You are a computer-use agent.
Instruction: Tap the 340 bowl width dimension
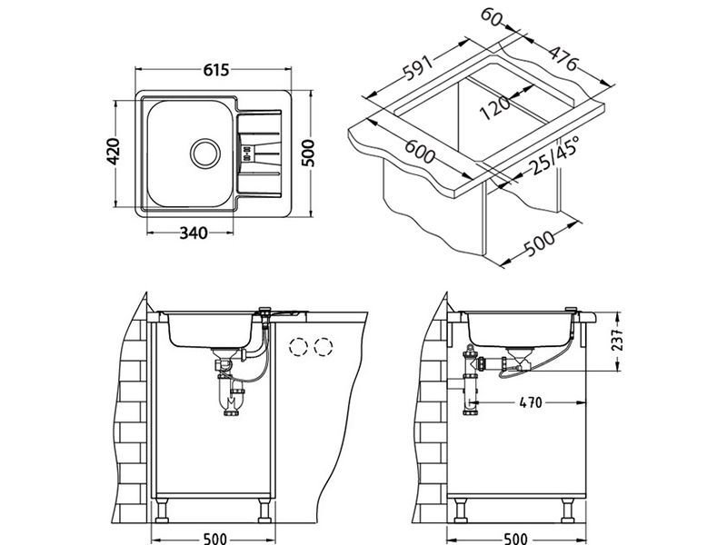pyautogui.click(x=194, y=233)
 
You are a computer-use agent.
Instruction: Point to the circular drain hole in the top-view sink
pyautogui.click(x=204, y=153)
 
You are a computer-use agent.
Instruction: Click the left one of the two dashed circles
pyautogui.click(x=297, y=346)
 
